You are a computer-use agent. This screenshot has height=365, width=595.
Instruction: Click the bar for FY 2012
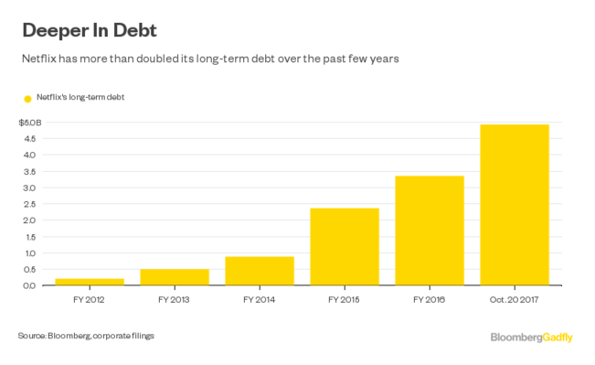[x=90, y=282]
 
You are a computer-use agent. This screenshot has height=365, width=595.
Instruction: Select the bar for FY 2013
[x=175, y=277]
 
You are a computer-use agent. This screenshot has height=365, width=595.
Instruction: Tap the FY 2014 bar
[x=260, y=271]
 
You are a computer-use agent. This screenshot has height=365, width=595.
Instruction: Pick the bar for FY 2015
[x=345, y=246]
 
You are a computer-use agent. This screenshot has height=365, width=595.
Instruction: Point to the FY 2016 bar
[x=430, y=231]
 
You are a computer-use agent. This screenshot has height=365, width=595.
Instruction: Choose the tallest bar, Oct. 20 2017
[x=515, y=205]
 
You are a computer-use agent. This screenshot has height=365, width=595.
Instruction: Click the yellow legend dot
[x=27, y=99]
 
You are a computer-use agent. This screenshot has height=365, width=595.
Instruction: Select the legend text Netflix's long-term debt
[x=80, y=97]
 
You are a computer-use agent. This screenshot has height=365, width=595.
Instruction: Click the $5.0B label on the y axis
[x=30, y=123]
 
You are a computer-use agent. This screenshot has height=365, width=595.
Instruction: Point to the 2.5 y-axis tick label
[x=29, y=204]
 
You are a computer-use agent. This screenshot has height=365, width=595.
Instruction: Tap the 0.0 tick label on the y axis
[x=29, y=285]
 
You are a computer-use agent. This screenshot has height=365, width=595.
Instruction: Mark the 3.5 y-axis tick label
[x=29, y=172]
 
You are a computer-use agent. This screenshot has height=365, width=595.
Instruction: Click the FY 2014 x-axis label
[x=260, y=300]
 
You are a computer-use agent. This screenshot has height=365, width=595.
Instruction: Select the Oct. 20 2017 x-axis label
[x=515, y=300]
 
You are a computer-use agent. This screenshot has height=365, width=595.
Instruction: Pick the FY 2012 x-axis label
[x=89, y=300]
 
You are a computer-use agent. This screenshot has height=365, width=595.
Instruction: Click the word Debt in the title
[x=135, y=30]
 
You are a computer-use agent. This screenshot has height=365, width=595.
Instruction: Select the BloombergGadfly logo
[x=532, y=338]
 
